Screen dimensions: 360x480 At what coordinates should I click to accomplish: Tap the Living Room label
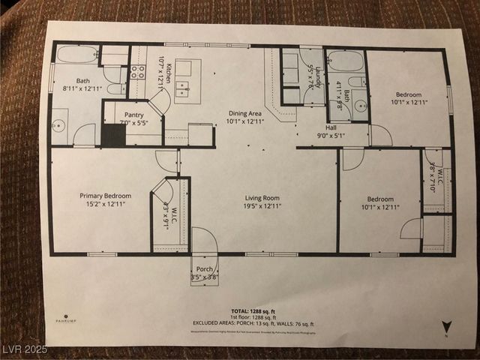[x=262, y=198]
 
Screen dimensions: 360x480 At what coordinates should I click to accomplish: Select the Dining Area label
[x=246, y=113]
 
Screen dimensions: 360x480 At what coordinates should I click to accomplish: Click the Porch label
[x=204, y=269]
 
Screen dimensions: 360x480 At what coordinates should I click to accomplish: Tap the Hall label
[x=331, y=127]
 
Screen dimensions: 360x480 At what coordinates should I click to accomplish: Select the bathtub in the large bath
[x=76, y=55]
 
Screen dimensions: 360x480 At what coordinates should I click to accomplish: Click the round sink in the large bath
[x=60, y=125]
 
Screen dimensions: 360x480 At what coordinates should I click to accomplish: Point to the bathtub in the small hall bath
[x=345, y=60]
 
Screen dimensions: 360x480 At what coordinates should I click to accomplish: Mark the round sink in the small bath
[x=358, y=104]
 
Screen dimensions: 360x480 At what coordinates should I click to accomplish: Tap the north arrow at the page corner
[x=446, y=327]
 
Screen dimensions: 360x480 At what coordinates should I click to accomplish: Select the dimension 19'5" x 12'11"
[x=262, y=206]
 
